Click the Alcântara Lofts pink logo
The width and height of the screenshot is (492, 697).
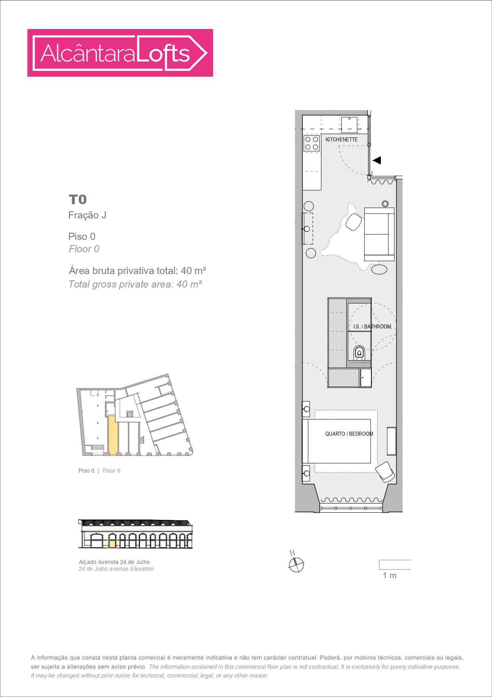(120, 53)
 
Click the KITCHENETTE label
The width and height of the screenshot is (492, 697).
(341, 139)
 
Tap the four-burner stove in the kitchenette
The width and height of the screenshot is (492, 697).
(311, 143)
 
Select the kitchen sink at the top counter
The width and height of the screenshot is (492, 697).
(349, 124)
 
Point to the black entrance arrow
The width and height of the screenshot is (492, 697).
(377, 160)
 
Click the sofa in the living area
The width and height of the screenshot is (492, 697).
(379, 234)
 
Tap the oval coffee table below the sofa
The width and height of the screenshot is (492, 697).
(379, 269)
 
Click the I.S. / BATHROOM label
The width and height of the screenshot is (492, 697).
(372, 326)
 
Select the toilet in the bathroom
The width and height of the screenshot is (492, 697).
(359, 352)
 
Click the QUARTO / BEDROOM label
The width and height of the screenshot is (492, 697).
(349, 434)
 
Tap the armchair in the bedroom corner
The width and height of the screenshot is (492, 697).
(385, 471)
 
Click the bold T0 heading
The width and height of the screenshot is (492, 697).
(78, 199)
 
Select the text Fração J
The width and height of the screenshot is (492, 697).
(87, 215)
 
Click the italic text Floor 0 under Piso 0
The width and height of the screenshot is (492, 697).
(84, 249)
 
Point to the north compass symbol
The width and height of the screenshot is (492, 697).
(296, 564)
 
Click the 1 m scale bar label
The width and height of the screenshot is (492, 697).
(389, 575)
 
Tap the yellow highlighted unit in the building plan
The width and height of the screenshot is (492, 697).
(113, 435)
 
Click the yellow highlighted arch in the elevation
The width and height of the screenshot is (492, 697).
(112, 544)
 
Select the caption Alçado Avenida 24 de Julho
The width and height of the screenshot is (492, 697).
(114, 562)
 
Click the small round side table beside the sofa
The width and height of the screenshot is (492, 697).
(385, 204)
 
